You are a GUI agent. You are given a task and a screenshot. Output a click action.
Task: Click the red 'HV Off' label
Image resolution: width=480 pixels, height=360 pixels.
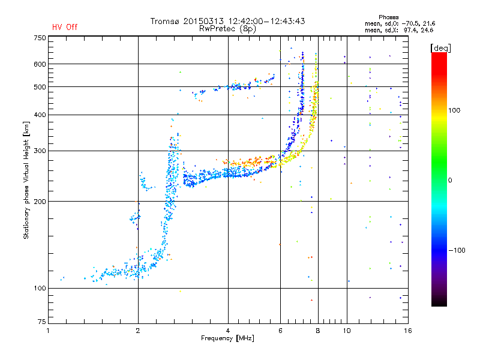point(64,27)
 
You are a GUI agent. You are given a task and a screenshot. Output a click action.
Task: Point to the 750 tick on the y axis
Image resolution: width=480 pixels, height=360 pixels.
point(40,38)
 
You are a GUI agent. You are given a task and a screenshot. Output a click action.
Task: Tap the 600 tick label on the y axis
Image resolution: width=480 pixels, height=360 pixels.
point(40,64)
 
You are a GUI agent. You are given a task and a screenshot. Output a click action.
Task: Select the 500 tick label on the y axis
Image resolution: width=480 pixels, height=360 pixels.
point(40,87)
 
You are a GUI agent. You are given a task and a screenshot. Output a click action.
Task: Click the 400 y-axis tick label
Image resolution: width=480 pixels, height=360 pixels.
point(40,115)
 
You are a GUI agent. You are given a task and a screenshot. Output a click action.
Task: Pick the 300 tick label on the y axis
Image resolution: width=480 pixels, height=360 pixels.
point(40,151)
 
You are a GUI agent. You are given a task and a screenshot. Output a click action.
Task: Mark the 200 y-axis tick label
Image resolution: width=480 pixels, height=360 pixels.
point(40,201)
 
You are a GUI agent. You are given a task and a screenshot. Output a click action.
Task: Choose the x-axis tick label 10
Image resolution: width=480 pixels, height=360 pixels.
point(346,331)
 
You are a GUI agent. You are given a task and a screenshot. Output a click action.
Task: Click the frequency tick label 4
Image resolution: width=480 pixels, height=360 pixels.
point(228,331)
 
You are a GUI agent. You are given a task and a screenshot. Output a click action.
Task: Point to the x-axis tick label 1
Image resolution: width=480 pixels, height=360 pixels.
point(48,331)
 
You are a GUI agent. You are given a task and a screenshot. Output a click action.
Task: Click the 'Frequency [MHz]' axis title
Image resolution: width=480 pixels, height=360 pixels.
point(227,338)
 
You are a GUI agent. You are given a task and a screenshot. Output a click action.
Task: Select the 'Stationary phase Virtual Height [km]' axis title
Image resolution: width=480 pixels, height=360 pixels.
point(26,180)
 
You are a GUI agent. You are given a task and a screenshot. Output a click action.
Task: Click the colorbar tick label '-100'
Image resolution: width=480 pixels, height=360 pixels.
point(459,250)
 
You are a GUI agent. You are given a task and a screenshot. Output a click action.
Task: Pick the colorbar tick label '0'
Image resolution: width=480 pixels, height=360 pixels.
point(451,181)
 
